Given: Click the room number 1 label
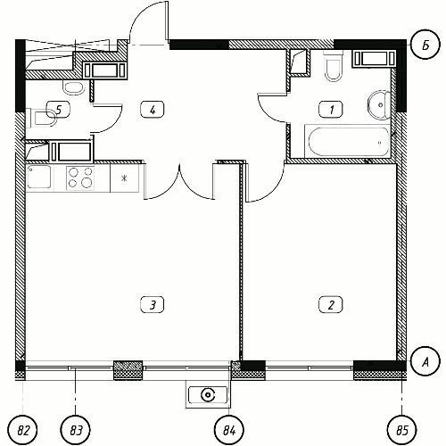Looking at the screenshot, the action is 331,109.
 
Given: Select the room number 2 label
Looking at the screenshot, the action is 331,304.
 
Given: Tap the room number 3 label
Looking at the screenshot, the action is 153,304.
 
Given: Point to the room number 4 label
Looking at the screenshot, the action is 153,110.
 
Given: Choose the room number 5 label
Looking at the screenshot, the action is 59,110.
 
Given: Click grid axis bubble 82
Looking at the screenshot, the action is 23,430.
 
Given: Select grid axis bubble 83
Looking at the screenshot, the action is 76,430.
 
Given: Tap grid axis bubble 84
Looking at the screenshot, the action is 229,430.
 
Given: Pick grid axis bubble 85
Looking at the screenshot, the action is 402,430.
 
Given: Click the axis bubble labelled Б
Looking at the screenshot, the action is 425,45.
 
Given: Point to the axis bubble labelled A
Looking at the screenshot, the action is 425,362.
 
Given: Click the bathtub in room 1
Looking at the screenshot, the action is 347,141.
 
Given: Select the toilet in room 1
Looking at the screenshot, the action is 333,66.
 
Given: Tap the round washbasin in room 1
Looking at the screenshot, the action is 379,104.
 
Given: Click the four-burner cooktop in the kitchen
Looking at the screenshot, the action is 80,178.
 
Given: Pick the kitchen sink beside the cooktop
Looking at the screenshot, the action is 39,177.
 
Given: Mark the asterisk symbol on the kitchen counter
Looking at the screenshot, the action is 124,178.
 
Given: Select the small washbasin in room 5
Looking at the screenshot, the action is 73,87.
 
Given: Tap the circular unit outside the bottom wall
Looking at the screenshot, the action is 208,395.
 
